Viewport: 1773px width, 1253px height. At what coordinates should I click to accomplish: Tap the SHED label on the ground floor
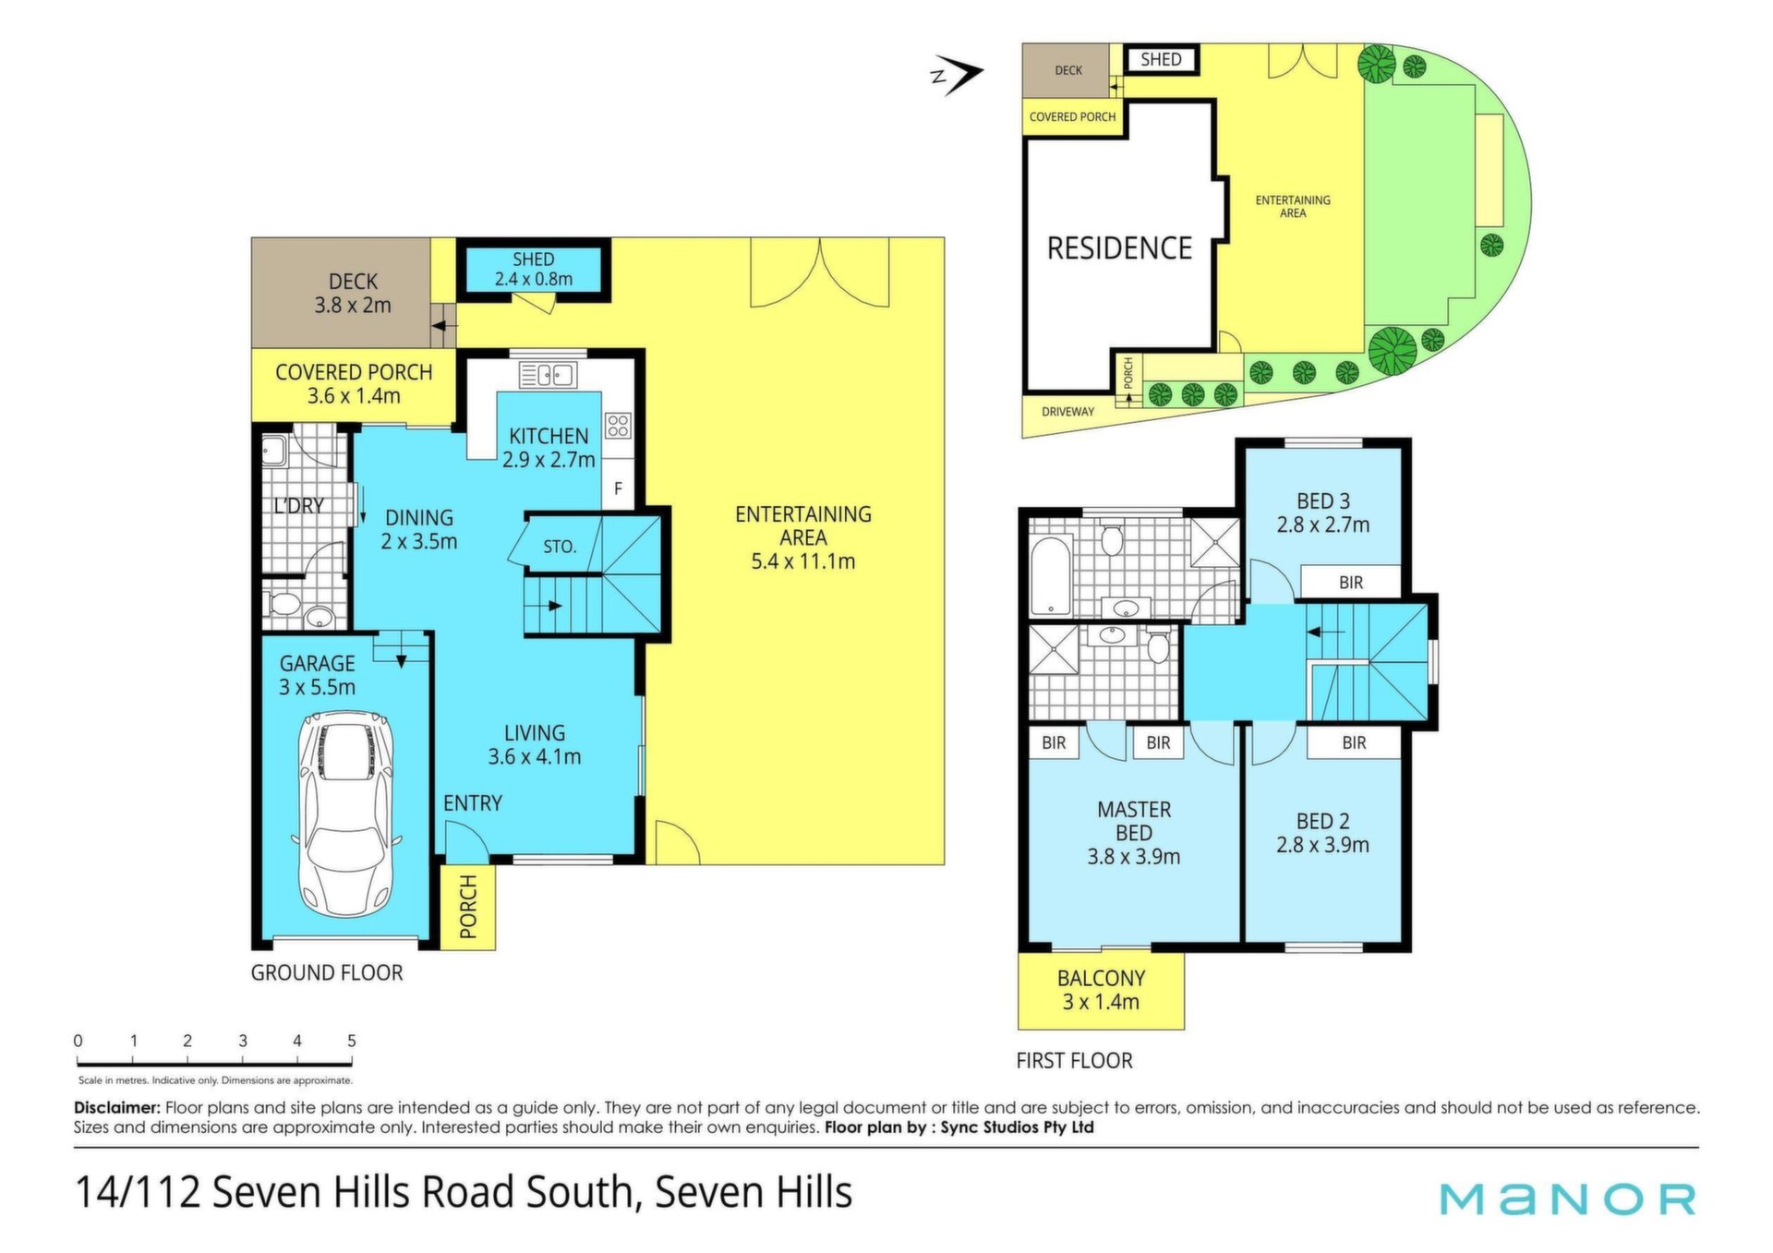click(x=534, y=259)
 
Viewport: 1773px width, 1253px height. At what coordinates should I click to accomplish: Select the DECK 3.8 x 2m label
click(x=353, y=294)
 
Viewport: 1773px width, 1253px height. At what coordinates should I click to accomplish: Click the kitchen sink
click(x=548, y=375)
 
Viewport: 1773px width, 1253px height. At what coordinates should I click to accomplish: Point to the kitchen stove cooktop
click(x=618, y=426)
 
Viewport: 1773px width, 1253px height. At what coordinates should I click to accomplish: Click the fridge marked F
click(x=618, y=488)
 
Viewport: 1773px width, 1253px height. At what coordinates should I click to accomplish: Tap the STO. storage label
click(x=560, y=547)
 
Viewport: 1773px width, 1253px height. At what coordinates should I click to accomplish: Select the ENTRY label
click(x=473, y=803)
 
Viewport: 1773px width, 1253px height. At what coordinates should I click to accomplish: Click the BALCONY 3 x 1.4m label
click(x=1101, y=990)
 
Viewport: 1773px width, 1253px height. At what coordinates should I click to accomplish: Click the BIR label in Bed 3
click(x=1351, y=583)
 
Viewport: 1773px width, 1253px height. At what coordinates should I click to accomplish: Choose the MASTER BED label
click(x=1134, y=821)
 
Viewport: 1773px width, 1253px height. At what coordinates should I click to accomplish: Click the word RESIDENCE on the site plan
click(x=1119, y=248)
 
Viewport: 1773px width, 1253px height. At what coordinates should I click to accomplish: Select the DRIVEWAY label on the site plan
click(x=1067, y=412)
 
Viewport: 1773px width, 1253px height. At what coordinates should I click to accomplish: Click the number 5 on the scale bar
click(x=352, y=1041)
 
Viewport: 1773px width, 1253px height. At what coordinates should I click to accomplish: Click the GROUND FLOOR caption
click(x=327, y=973)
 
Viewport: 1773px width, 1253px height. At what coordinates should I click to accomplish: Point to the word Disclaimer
click(x=117, y=1107)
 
